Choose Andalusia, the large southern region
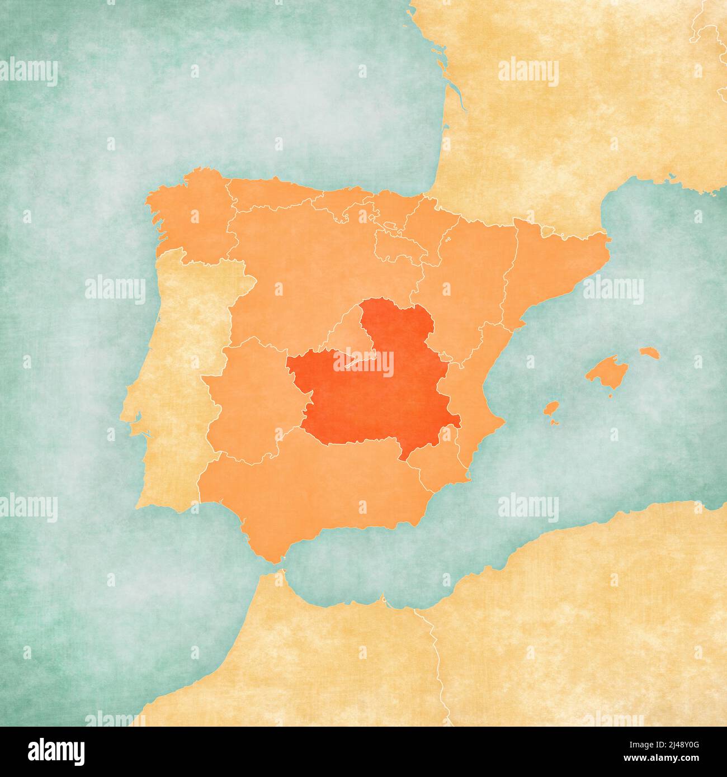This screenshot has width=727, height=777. click(313, 492)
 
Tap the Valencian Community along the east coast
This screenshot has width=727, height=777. click(470, 391)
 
